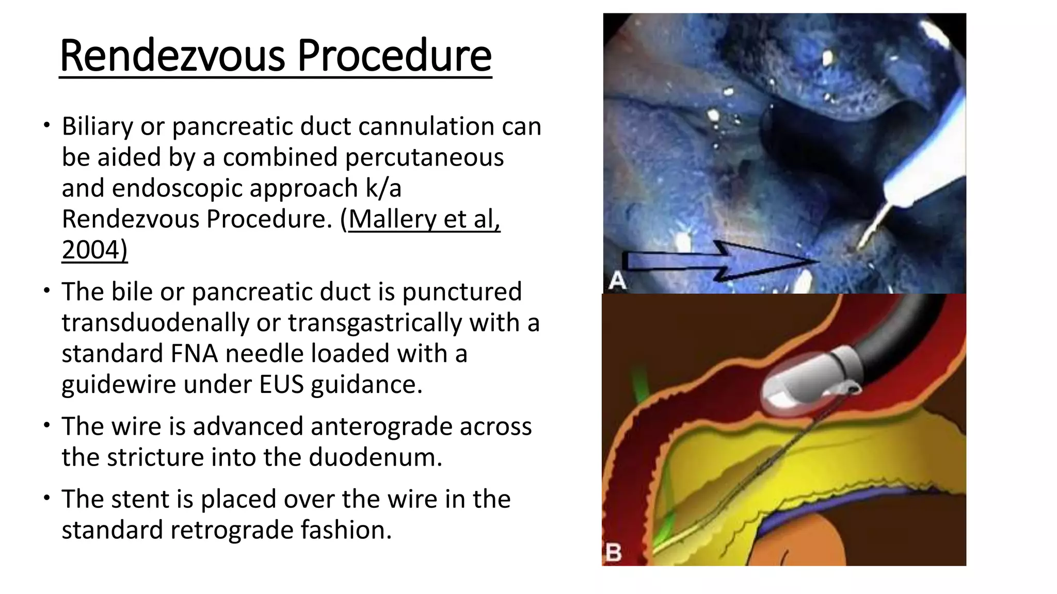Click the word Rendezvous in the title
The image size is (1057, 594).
pos(172,56)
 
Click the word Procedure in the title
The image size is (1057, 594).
pos(394,56)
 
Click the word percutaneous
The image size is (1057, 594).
pos(424,157)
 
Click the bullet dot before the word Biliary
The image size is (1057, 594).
pos(47,125)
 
